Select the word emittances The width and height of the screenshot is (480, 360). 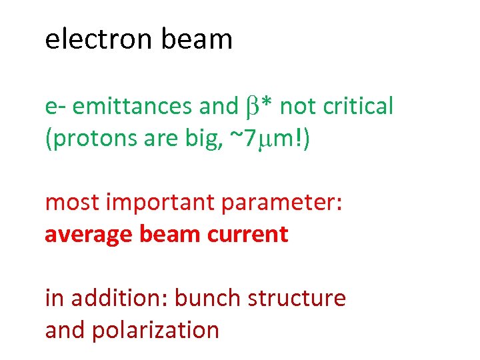tap(133, 105)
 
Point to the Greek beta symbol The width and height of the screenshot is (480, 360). tap(251, 107)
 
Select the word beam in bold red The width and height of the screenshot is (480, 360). tap(165, 234)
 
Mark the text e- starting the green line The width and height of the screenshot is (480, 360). tap(55, 105)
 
